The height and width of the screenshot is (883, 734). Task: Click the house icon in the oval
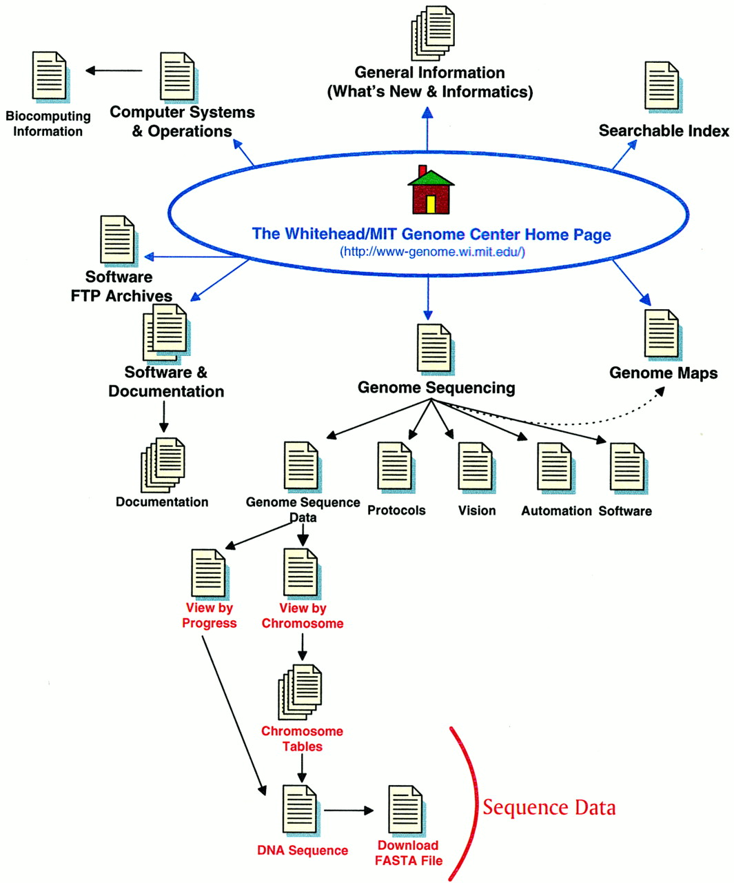click(431, 190)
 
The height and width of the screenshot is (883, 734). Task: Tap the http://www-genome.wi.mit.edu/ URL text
click(432, 252)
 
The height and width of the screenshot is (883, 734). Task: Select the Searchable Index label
click(664, 130)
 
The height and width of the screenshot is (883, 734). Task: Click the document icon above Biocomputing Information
click(51, 77)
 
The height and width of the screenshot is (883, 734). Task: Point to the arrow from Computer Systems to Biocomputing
click(114, 70)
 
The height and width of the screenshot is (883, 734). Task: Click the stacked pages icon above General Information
click(433, 33)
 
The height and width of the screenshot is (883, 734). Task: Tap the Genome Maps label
click(663, 373)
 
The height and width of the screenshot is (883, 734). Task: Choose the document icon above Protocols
click(396, 468)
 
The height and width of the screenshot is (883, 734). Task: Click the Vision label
click(477, 510)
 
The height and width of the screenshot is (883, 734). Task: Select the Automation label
click(556, 511)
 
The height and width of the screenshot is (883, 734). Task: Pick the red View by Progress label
click(209, 615)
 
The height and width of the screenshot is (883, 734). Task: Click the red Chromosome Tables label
click(302, 738)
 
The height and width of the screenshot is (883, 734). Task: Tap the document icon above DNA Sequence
click(301, 811)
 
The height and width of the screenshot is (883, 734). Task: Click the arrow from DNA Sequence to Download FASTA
click(349, 811)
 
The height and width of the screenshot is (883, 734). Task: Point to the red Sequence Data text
click(549, 808)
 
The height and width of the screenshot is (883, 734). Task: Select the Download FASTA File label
click(409, 853)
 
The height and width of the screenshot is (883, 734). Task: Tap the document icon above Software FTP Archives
click(119, 241)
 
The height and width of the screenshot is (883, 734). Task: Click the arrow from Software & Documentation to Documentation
click(164, 417)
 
